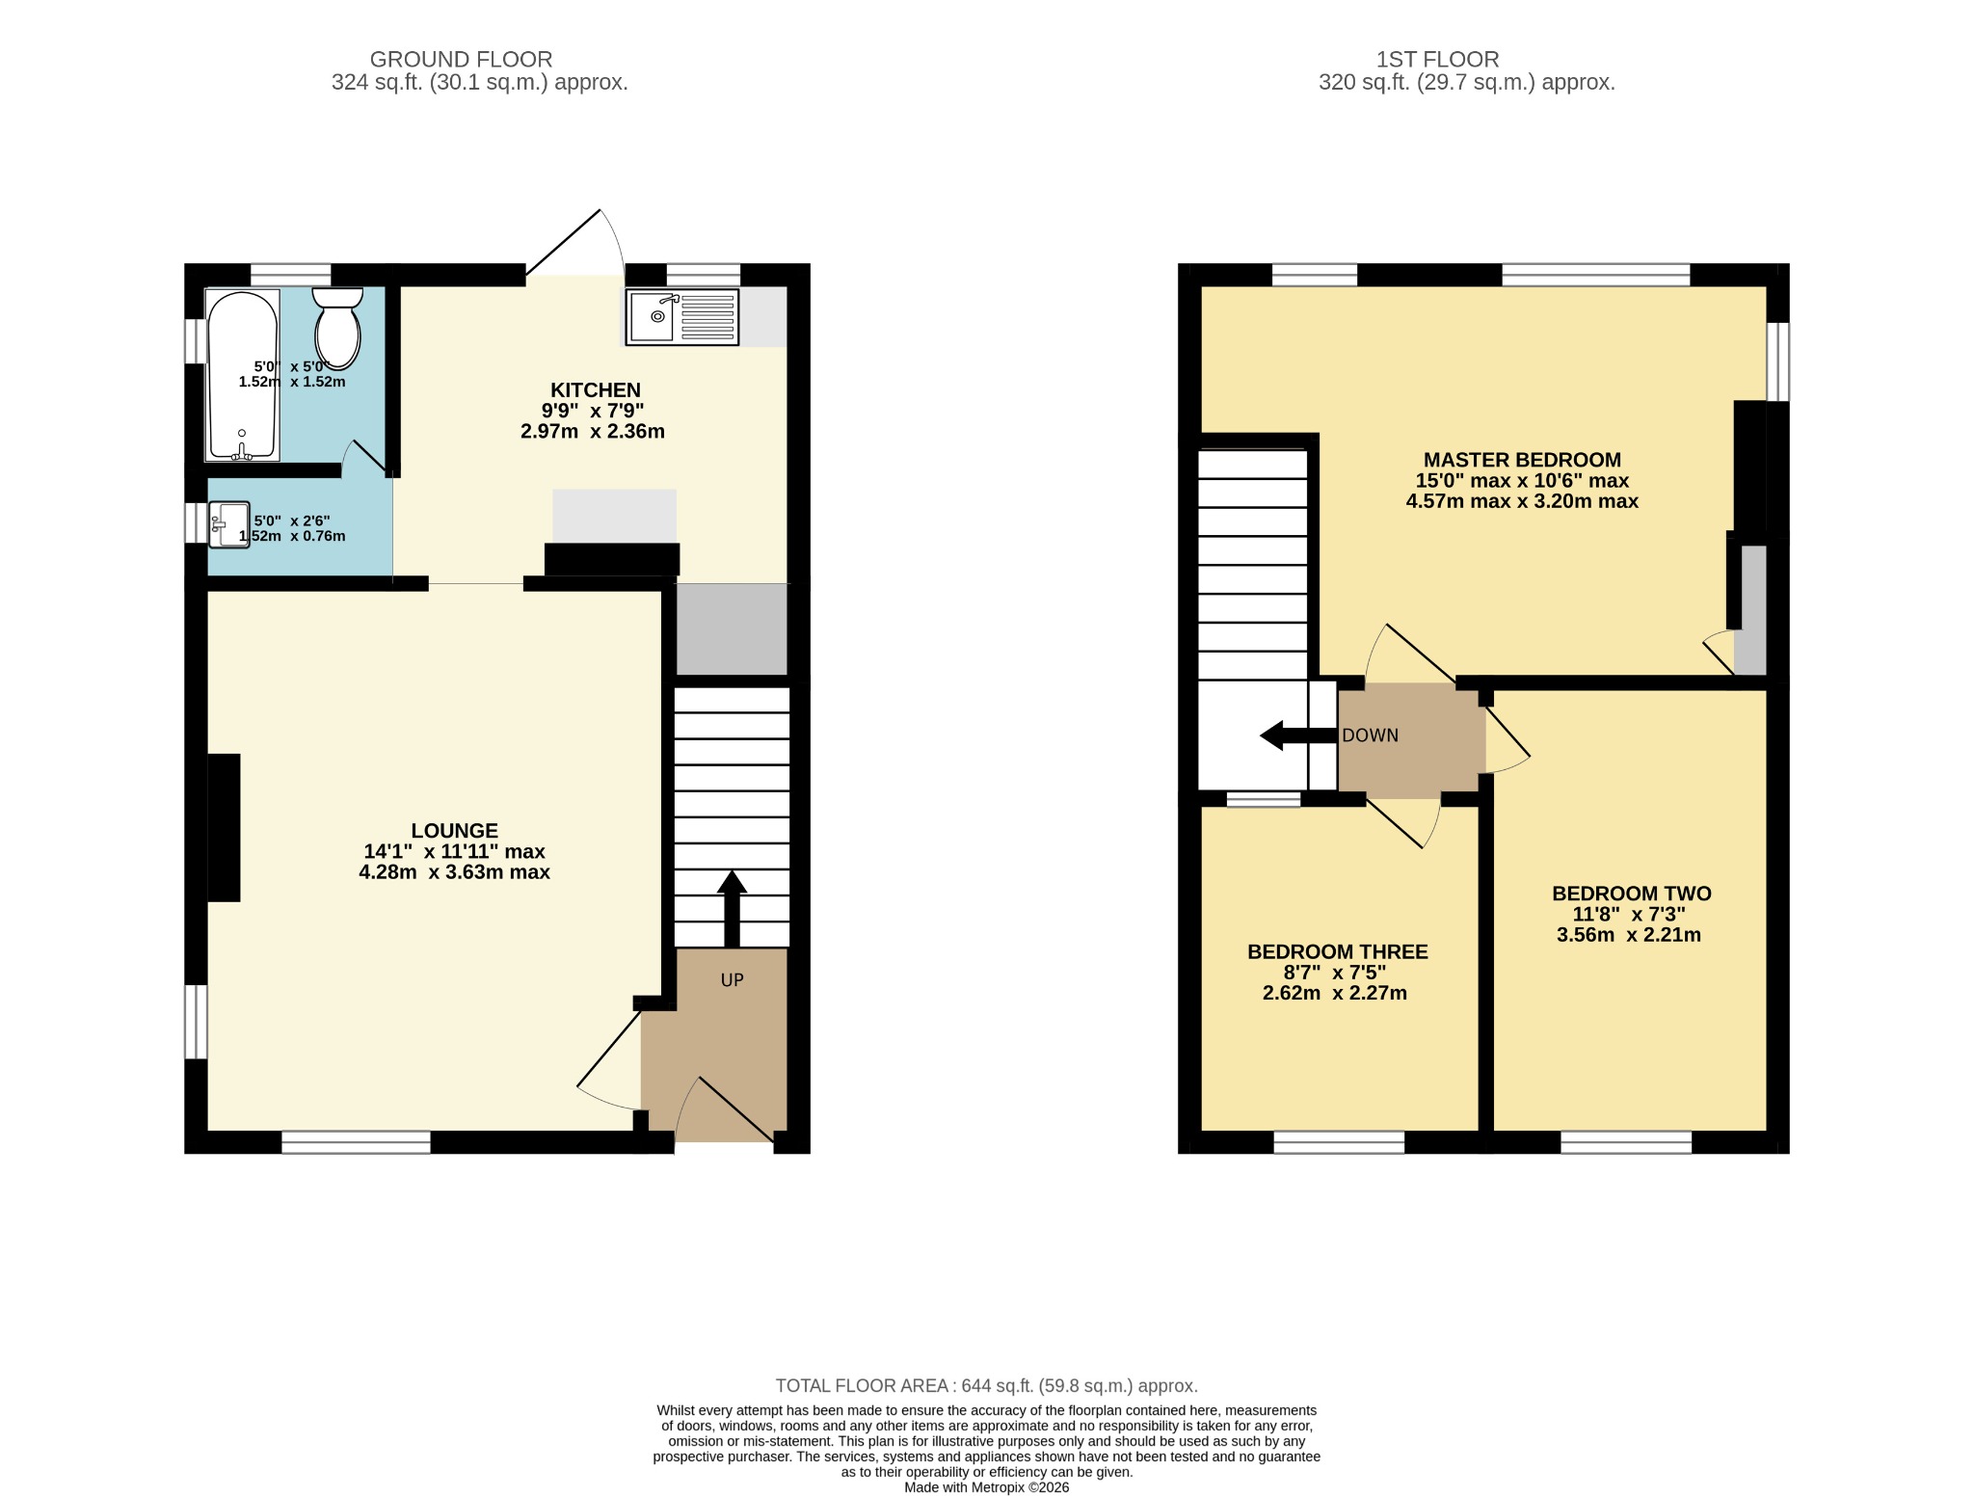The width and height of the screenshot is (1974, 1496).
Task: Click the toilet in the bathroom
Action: click(x=337, y=328)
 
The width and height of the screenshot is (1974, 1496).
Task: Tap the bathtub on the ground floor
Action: click(x=242, y=375)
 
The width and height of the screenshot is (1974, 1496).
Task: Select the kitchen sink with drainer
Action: click(x=682, y=316)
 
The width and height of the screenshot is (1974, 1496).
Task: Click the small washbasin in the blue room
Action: click(x=229, y=524)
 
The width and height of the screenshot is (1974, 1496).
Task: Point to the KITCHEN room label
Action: click(x=595, y=390)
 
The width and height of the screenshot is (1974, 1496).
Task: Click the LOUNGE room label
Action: click(x=454, y=831)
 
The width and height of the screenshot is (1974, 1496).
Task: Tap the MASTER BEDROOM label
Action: click(x=1522, y=460)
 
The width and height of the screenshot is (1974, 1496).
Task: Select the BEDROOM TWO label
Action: click(x=1631, y=894)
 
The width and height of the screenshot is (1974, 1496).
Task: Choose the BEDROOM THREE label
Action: click(x=1337, y=951)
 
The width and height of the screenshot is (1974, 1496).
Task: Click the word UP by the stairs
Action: click(x=732, y=980)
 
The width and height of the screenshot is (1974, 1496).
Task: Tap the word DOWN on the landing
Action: click(x=1370, y=735)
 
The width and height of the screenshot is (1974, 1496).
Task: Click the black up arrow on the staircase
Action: click(x=732, y=908)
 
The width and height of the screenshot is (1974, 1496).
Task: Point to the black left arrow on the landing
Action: click(x=1298, y=735)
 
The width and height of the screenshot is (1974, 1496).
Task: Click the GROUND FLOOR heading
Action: click(x=461, y=60)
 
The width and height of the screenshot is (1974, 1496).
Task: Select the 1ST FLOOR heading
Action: click(x=1437, y=60)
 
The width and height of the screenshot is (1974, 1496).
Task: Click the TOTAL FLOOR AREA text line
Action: click(x=986, y=1386)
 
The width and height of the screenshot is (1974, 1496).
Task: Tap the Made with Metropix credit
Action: click(x=986, y=1487)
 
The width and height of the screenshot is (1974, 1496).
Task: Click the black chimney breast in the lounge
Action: click(x=224, y=828)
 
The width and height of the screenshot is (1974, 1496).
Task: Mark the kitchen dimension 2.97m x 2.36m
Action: click(x=592, y=431)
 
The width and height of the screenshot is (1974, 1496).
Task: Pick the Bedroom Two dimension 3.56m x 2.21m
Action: click(x=1628, y=935)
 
